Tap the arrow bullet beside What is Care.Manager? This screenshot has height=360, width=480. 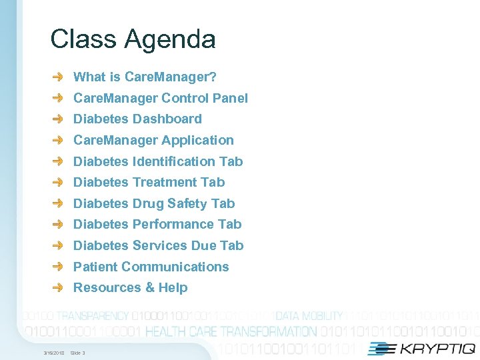tap(59, 77)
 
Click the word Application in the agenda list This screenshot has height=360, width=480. tap(198, 140)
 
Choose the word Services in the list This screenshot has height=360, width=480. tap(160, 245)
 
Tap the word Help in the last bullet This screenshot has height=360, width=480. tap(173, 287)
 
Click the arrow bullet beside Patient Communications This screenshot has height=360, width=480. tap(59, 267)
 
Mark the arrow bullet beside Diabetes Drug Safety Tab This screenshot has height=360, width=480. tap(59, 203)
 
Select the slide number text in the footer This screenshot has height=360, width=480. tap(77, 352)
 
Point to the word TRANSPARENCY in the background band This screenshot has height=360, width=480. tap(93, 316)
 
